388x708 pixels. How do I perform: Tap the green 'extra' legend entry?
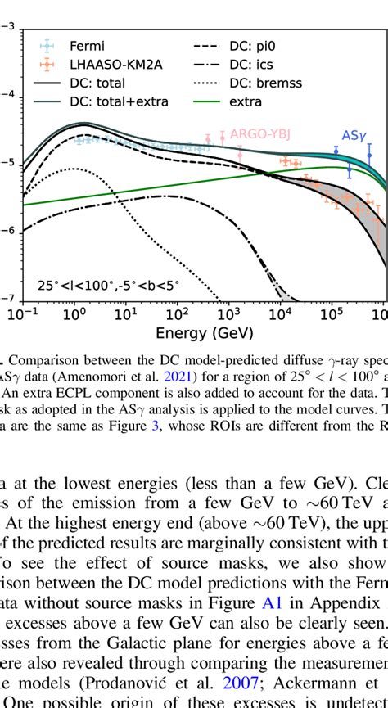click(246, 101)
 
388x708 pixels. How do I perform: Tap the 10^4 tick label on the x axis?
click(280, 315)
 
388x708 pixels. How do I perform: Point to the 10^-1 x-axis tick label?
click(23, 315)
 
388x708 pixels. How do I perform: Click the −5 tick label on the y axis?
click(7, 164)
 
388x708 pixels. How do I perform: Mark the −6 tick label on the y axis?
click(7, 232)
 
